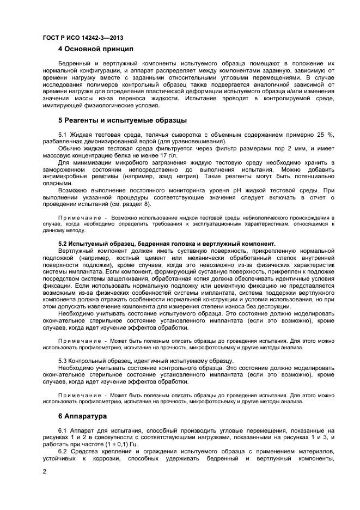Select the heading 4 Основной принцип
pyautogui.click(x=95, y=50)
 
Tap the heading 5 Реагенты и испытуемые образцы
pyautogui.click(x=122, y=120)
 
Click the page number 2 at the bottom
pyautogui.click(x=44, y=471)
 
